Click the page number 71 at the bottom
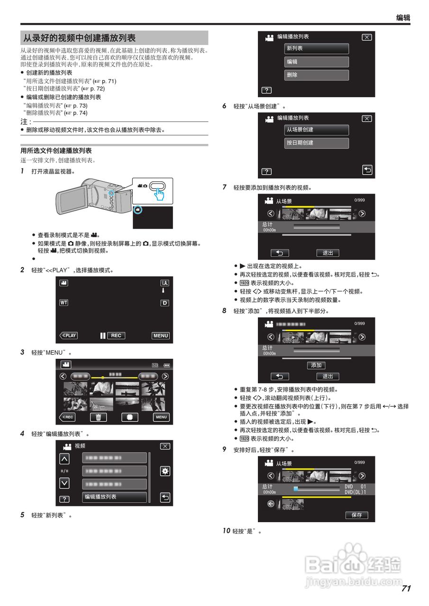point(406,588)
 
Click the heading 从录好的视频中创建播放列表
point(80,38)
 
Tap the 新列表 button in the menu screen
point(317,49)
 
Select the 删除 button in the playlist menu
point(317,75)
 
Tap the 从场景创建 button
point(317,130)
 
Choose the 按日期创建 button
point(317,143)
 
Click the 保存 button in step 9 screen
point(356,515)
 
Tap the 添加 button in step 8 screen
point(316,365)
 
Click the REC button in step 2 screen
point(116,336)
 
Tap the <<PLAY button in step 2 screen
point(68,336)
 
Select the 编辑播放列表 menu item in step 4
point(114,497)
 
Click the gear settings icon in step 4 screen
point(165,471)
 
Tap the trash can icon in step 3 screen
point(98,417)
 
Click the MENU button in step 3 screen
point(161,417)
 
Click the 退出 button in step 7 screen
point(328,253)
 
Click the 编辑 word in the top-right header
point(403,18)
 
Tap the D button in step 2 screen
point(164,303)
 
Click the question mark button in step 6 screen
point(267,171)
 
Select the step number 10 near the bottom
point(226,531)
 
